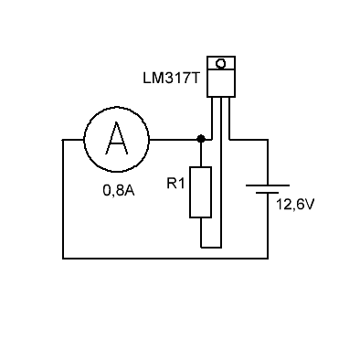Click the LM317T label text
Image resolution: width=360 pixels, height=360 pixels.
171,79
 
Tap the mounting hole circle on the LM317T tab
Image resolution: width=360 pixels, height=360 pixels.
221,64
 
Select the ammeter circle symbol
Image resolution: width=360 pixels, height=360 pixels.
117,140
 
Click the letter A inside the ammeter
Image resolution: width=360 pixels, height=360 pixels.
117,139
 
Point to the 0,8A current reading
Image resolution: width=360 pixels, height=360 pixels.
119,191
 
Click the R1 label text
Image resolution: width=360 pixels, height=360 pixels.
175,184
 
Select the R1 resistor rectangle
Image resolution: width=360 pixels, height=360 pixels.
200,192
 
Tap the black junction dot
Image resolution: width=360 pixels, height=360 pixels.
200,139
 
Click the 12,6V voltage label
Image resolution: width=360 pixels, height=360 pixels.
294,205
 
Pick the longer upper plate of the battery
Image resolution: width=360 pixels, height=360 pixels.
268,185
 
